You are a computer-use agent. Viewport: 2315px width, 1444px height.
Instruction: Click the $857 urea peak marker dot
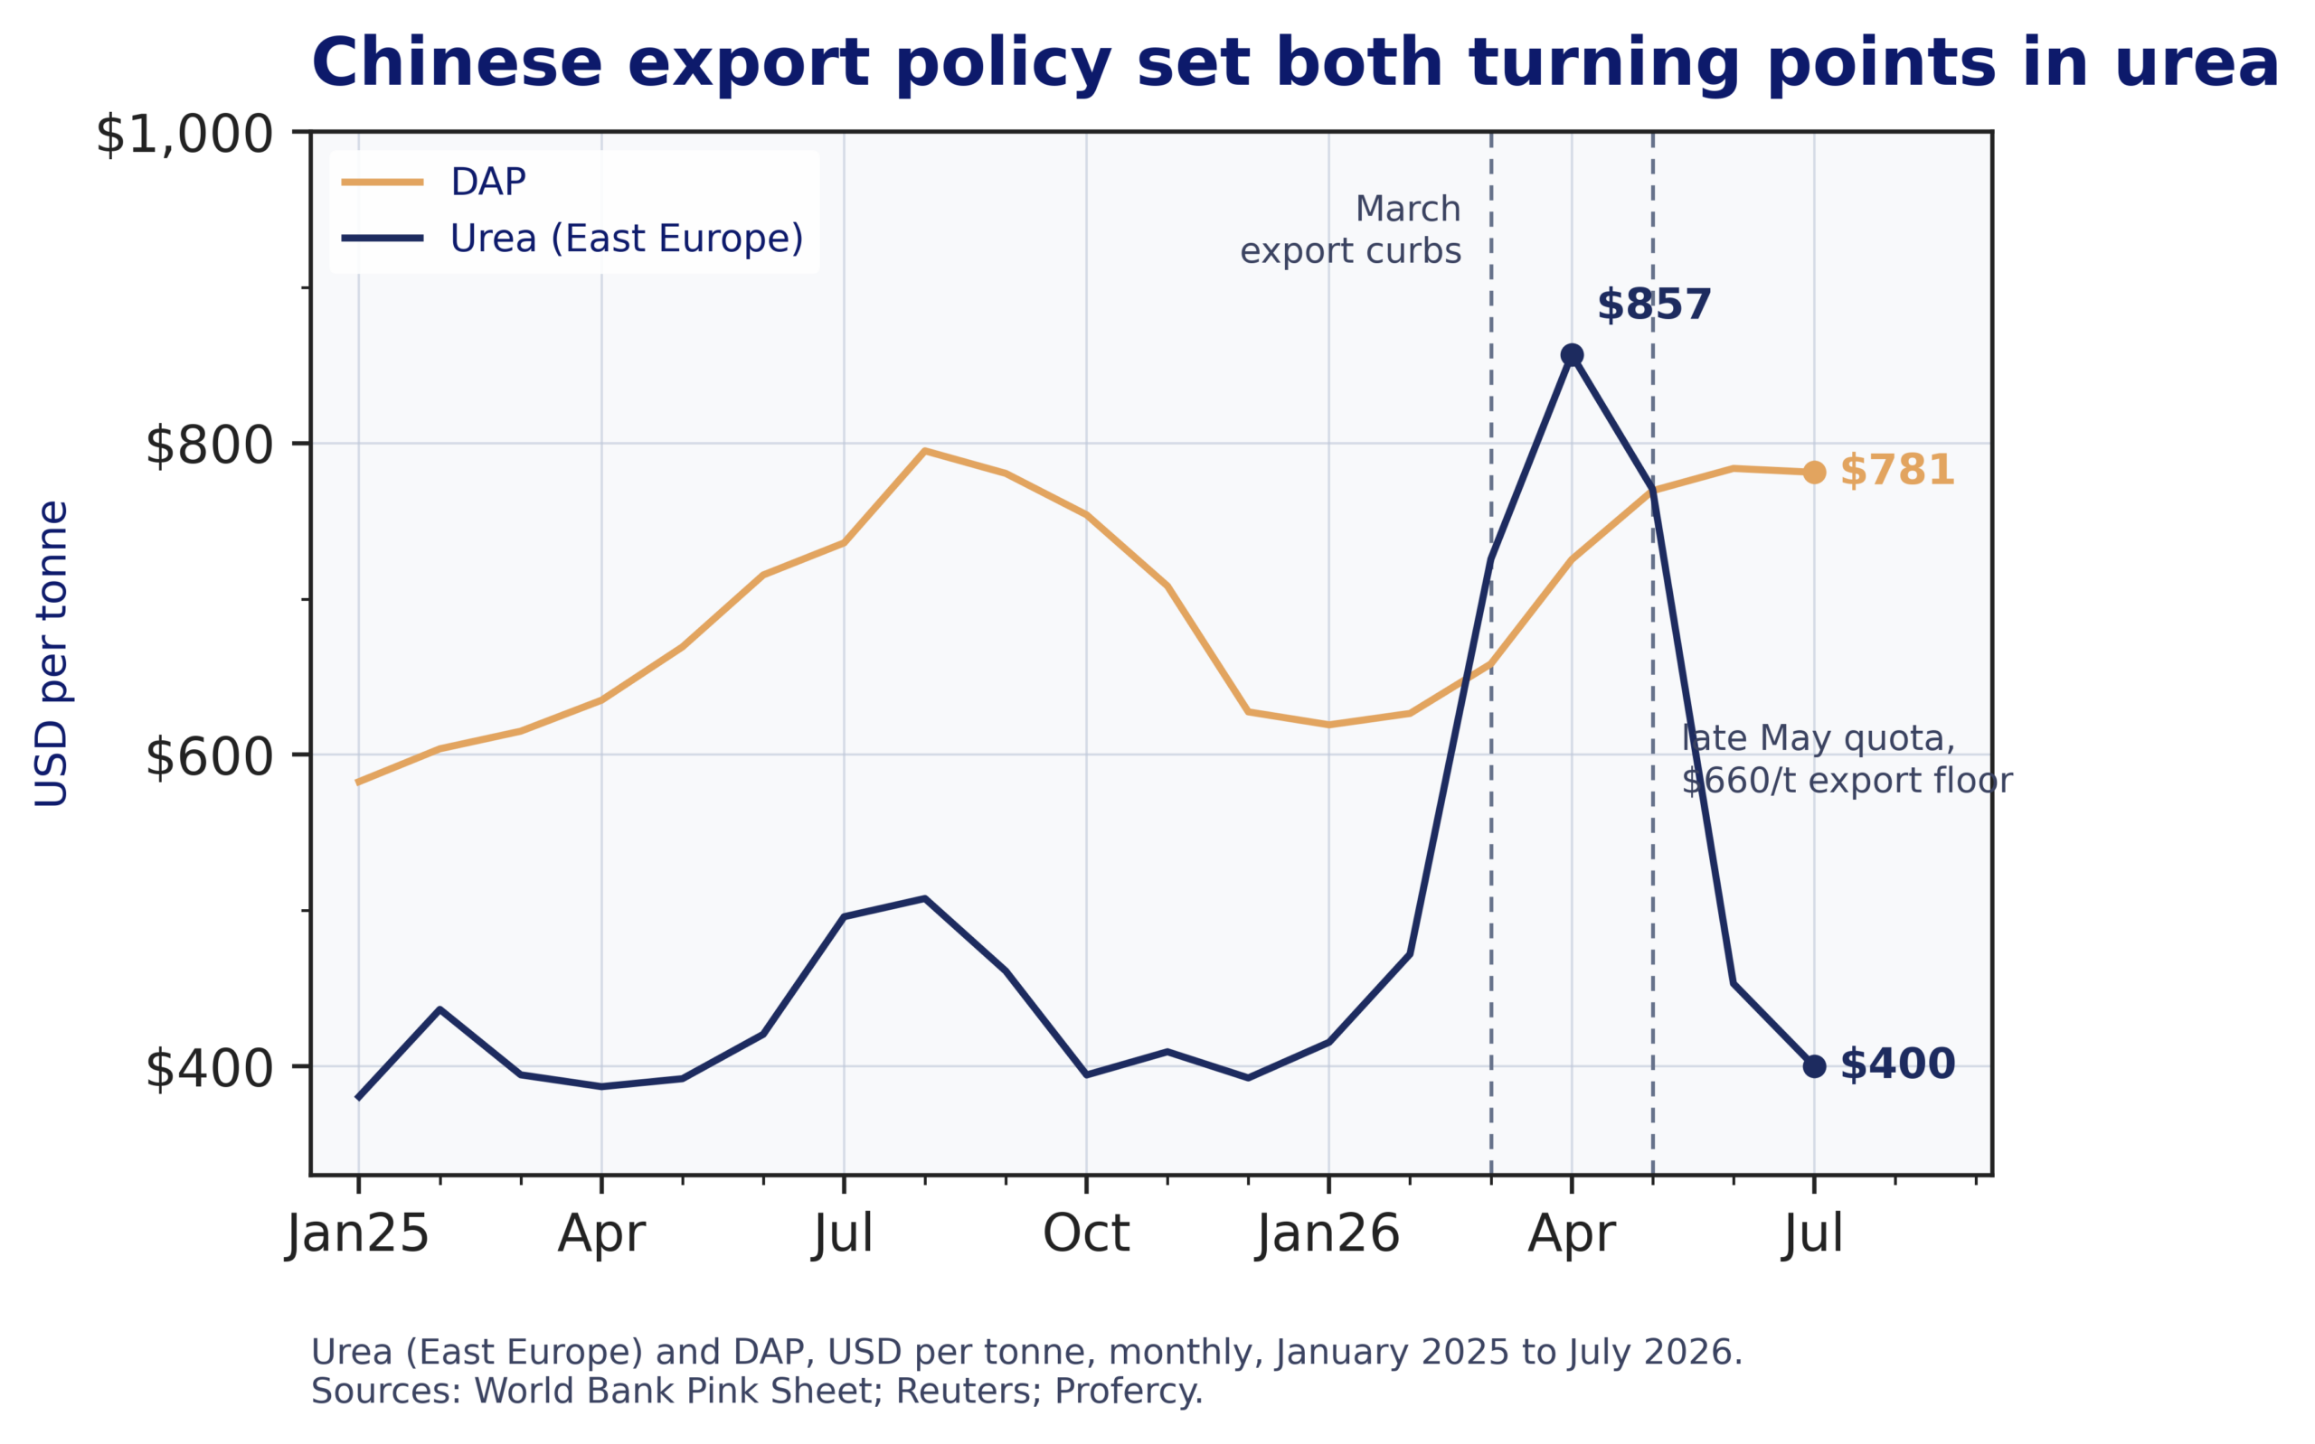click(1572, 355)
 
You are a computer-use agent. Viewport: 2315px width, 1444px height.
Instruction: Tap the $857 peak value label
click(1654, 305)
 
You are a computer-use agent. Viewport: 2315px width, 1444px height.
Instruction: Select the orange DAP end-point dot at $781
click(1814, 472)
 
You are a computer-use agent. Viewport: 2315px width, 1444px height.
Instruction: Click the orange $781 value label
click(1896, 471)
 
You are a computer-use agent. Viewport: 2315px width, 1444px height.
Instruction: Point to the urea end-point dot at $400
click(1814, 1067)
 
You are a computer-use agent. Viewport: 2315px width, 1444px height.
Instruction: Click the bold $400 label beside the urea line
click(1896, 1064)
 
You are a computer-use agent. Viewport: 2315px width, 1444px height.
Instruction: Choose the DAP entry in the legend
click(435, 182)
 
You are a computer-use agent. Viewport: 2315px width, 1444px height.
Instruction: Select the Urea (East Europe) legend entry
click(572, 238)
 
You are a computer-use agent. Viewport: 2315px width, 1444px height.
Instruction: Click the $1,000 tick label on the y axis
click(184, 135)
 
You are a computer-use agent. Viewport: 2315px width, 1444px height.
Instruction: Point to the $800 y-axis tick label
click(209, 446)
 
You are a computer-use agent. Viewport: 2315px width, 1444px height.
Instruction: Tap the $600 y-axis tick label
click(209, 758)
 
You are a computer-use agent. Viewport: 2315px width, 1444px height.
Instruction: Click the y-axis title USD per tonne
click(52, 653)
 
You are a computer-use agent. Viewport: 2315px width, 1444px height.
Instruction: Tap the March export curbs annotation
click(1350, 230)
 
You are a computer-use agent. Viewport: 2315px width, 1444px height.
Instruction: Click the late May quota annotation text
click(1846, 759)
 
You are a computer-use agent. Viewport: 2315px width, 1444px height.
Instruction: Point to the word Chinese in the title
click(457, 64)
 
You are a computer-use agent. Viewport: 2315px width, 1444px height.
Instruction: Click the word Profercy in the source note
click(1129, 1392)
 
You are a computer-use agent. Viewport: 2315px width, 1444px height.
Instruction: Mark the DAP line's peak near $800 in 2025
click(925, 451)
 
